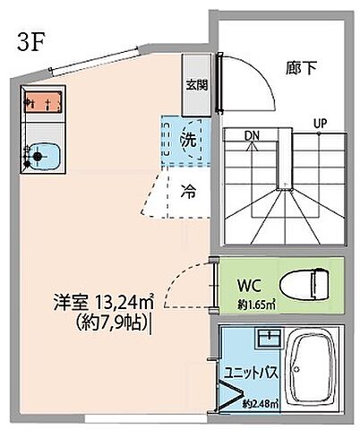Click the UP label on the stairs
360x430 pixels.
click(x=319, y=123)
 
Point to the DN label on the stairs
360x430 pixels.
click(x=254, y=135)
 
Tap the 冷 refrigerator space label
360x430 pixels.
click(x=189, y=190)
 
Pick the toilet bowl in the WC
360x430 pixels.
click(x=306, y=286)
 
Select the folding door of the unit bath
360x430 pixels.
click(x=227, y=394)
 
